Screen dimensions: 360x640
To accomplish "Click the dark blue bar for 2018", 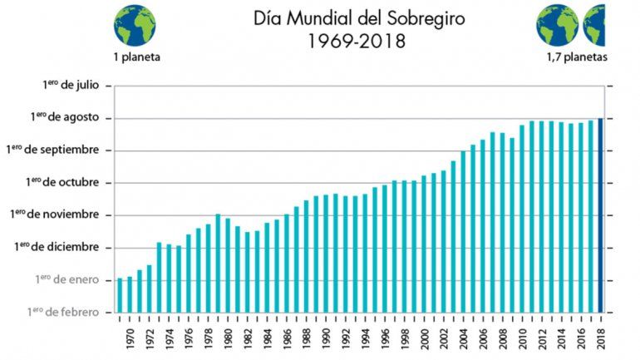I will [601, 215].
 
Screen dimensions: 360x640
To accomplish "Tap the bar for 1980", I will [227, 265].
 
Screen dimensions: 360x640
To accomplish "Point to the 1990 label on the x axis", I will [325, 338].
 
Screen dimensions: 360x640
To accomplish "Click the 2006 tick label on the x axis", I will [482, 338].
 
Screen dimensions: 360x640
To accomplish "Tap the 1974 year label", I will [169, 338].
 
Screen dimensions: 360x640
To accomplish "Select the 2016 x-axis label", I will [581, 338].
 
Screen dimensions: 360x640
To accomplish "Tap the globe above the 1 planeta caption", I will [135, 24].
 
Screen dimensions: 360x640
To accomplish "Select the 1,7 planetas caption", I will [577, 57].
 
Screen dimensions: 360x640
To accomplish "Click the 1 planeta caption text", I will [137, 57].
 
